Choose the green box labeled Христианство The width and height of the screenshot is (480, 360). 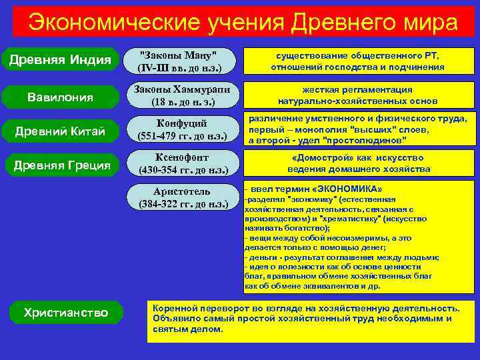point(65,312)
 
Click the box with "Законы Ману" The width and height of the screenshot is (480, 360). point(181,60)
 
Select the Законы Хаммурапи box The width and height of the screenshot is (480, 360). point(181,95)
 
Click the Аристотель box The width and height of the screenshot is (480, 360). point(181,198)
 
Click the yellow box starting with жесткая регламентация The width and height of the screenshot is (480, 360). point(359,95)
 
